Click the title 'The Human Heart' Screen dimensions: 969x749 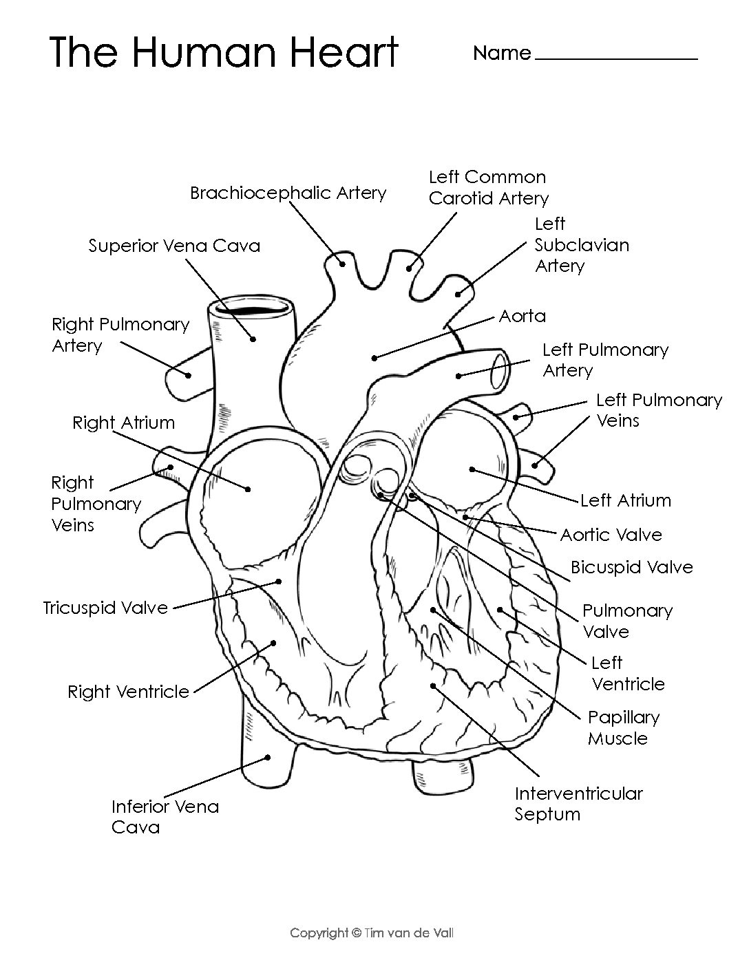pyautogui.click(x=224, y=52)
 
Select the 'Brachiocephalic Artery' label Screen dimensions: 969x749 pyautogui.click(x=288, y=193)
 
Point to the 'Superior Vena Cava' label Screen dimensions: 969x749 pyautogui.click(x=174, y=246)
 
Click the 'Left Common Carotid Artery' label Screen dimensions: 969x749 pyautogui.click(x=488, y=188)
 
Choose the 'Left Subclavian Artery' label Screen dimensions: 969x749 pyautogui.click(x=582, y=245)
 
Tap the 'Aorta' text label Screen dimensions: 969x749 pyautogui.click(x=523, y=317)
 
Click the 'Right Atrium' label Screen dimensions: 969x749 pyautogui.click(x=124, y=423)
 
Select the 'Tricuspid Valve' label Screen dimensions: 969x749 pyautogui.click(x=105, y=608)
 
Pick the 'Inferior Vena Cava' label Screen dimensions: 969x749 pyautogui.click(x=165, y=817)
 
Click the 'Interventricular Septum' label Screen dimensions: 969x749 pyautogui.click(x=578, y=804)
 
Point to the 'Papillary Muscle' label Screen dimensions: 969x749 pyautogui.click(x=623, y=728)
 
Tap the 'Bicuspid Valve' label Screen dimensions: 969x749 pyautogui.click(x=631, y=568)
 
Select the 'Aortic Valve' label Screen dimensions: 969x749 pyautogui.click(x=611, y=535)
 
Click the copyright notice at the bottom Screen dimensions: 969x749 pyautogui.click(x=372, y=933)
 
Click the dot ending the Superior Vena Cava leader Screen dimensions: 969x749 pyautogui.click(x=253, y=339)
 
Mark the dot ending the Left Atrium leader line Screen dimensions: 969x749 pyautogui.click(x=472, y=470)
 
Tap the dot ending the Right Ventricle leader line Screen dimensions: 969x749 pyautogui.click(x=273, y=643)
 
